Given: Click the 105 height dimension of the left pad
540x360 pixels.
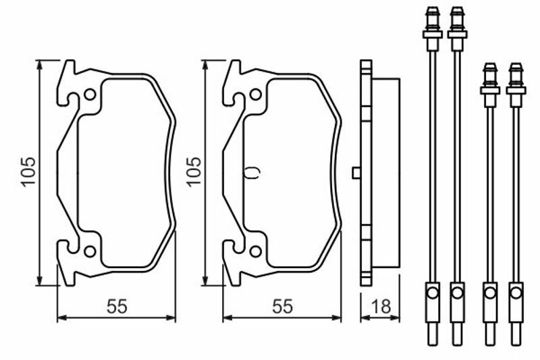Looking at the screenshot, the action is click(x=28, y=172).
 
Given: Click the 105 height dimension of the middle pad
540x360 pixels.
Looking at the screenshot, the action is click(x=194, y=172).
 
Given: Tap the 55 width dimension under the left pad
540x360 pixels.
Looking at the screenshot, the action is click(x=117, y=307).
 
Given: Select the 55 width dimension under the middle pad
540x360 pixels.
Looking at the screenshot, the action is click(x=282, y=307).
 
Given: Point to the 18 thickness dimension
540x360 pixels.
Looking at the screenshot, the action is click(x=381, y=307).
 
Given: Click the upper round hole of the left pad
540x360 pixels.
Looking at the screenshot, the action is click(x=90, y=95).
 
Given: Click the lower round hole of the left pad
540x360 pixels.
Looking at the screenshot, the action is click(x=90, y=251).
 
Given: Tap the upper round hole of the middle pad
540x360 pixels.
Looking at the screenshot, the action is click(x=256, y=95).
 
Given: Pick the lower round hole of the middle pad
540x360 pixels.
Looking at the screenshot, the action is click(x=256, y=251).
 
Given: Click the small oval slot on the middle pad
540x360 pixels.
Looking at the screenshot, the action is click(x=252, y=173).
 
